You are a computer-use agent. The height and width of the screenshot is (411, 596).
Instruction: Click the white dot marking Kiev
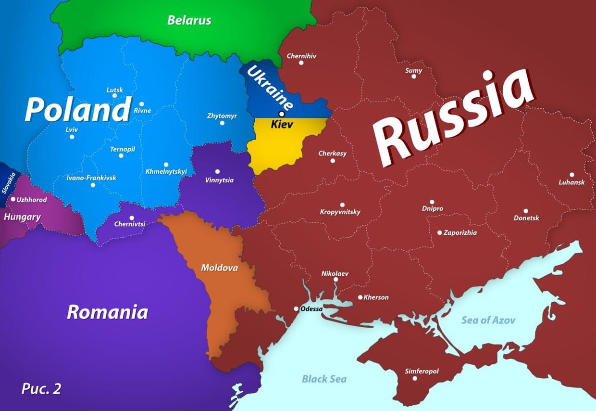pos(282,114)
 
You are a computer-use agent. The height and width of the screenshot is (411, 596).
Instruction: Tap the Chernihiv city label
pos(301,56)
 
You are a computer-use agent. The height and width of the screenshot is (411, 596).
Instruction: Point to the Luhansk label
pos(571,182)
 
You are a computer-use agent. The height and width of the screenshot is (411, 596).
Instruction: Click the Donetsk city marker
pos(525,211)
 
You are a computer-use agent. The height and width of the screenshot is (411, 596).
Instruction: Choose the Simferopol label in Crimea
pos(422,371)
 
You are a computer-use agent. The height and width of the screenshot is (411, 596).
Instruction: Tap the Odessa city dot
pos(296,309)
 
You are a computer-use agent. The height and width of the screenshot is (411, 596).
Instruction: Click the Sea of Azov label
pos(488,320)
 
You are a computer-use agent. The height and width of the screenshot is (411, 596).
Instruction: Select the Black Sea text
pos(324,379)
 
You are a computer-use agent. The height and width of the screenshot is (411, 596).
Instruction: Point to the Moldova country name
pos(219,268)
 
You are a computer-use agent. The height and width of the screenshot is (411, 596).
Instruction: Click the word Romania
pos(107,312)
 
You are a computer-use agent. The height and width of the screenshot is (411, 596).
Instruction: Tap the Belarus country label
pos(189,20)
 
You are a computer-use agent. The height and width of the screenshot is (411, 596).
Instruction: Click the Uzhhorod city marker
pos(13,199)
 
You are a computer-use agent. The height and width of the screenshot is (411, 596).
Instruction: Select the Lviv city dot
pos(72,137)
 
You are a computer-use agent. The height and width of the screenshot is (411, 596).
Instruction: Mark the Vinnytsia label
pos(219,180)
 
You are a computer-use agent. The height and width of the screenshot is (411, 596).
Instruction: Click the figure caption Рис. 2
pos(41,388)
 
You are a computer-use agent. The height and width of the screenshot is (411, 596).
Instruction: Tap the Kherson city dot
pos(360,297)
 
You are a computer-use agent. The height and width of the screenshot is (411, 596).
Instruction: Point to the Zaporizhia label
pos(460,232)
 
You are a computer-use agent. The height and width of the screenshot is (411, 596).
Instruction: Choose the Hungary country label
pos(22,217)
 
